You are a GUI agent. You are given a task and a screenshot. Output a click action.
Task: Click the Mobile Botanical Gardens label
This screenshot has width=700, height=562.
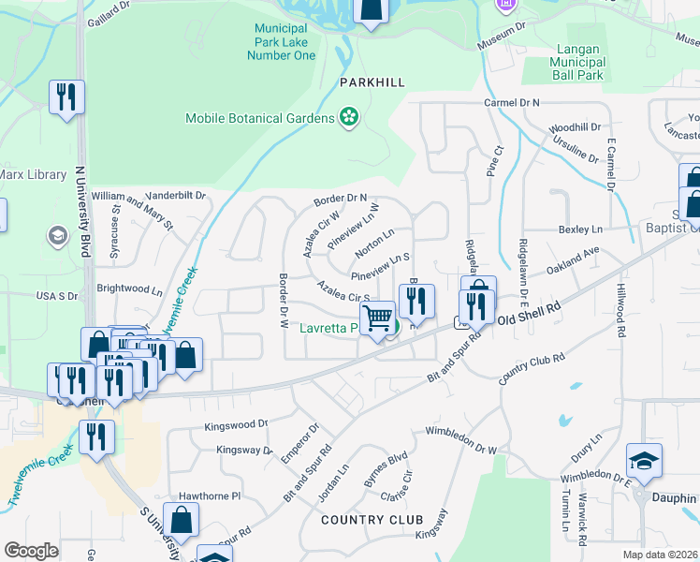pos(259,118)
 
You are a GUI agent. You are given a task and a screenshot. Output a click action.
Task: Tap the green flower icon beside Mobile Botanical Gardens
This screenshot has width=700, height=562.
pos(349,117)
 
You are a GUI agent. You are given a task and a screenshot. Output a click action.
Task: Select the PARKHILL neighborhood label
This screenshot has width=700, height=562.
pos(372,82)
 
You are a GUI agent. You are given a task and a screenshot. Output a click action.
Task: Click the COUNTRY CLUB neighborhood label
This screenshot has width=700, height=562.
pos(372,519)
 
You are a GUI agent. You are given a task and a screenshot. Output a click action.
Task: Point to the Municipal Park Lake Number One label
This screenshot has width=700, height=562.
pos(281,42)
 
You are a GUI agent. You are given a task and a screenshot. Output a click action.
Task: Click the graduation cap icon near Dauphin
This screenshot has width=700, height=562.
pos(645,461)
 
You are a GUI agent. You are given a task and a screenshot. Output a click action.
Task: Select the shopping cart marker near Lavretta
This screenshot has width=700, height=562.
pos(377,318)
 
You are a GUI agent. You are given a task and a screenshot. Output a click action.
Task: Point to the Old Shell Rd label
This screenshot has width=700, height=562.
pos(528,317)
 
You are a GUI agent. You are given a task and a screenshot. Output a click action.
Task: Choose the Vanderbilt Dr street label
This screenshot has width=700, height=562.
pos(175,195)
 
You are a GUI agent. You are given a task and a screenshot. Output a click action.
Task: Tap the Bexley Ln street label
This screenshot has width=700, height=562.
pos(579,229)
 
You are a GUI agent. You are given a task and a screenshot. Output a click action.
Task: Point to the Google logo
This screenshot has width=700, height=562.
pos(31,550)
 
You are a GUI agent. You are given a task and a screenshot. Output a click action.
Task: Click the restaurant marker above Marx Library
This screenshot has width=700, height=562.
pos(66,96)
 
